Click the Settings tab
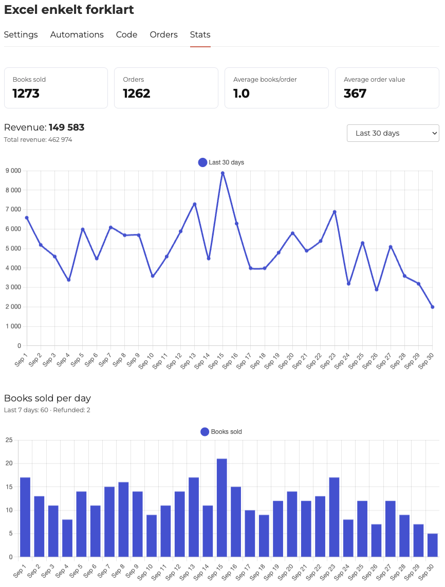click(x=21, y=35)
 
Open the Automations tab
click(x=77, y=35)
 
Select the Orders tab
click(x=163, y=35)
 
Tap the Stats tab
click(x=200, y=35)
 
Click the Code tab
click(x=126, y=35)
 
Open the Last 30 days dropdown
click(x=393, y=133)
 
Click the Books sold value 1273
click(x=26, y=93)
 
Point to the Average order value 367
click(x=355, y=93)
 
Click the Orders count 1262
click(x=137, y=93)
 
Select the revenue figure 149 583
click(x=67, y=127)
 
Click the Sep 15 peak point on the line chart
click(x=222, y=173)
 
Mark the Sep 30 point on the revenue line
click(x=433, y=307)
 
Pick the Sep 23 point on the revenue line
click(x=335, y=212)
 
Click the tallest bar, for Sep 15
click(x=222, y=508)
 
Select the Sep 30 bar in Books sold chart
click(x=432, y=545)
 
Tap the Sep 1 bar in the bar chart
click(x=25, y=517)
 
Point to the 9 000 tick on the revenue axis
click(x=13, y=171)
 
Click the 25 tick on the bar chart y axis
click(x=9, y=440)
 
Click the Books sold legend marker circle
click(x=205, y=432)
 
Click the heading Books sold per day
click(x=47, y=398)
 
